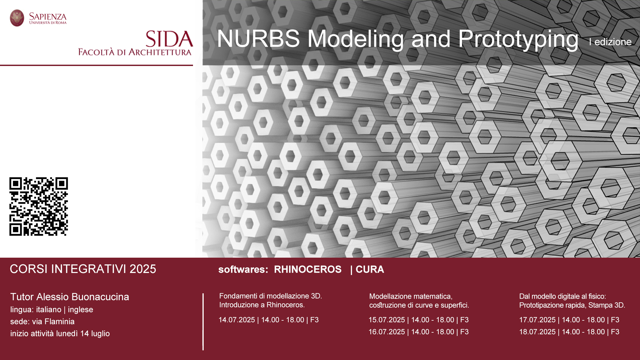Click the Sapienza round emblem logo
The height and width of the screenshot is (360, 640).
17,18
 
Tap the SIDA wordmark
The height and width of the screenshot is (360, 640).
169,39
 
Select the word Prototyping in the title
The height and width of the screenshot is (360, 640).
518,40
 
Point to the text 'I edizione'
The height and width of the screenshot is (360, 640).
610,42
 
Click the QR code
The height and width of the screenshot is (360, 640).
39,206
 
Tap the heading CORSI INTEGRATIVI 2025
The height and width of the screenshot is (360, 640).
83,269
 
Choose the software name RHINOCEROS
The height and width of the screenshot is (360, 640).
308,269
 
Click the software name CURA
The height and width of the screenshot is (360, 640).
370,269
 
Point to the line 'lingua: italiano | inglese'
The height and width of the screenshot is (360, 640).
52,310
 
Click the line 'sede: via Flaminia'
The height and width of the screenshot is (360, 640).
42,322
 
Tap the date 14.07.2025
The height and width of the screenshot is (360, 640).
237,320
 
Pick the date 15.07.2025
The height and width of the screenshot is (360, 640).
387,320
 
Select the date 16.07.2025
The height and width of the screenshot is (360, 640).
387,332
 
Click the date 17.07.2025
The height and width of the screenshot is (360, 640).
537,320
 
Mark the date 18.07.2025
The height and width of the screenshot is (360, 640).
537,332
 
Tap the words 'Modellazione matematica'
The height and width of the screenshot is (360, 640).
411,296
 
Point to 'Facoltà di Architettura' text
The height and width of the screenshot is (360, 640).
135,52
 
